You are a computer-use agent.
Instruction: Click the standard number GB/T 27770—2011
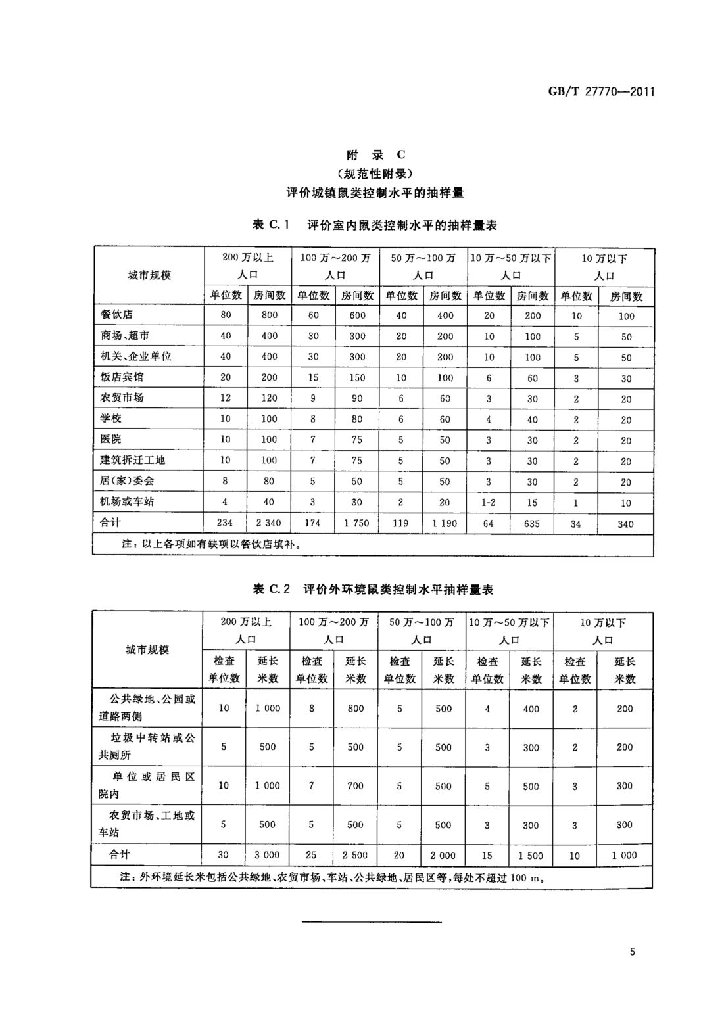[601, 91]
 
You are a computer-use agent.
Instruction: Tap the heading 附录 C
[375, 155]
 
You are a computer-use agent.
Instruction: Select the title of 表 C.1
[375, 225]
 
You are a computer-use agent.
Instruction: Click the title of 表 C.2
[373, 589]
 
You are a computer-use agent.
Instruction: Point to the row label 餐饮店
[117, 314]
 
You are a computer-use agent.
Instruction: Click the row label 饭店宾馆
[122, 377]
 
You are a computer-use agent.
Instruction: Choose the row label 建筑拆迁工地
[132, 460]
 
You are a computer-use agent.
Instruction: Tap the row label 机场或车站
[127, 501]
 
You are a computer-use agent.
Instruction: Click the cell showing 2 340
[269, 523]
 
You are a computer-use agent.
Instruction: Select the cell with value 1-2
[488, 502]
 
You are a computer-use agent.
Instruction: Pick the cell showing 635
[532, 523]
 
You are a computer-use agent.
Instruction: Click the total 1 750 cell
[356, 523]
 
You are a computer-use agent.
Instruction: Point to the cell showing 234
[225, 523]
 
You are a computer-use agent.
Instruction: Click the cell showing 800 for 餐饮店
[269, 315]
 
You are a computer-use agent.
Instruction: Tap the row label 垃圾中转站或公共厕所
[147, 747]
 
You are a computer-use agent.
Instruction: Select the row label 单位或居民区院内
[147, 785]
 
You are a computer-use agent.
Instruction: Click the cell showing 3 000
[267, 855]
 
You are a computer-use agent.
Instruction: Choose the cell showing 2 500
[355, 855]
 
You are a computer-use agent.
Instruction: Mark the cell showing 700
[355, 785]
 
